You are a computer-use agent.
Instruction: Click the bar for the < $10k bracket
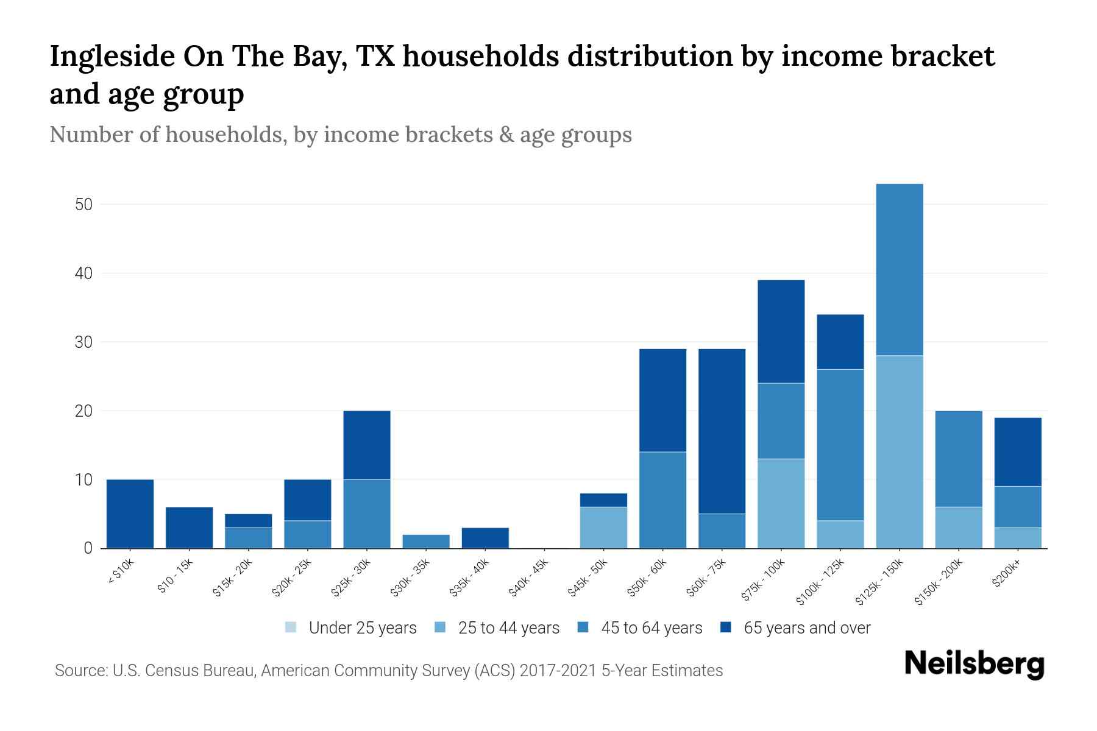tap(130, 514)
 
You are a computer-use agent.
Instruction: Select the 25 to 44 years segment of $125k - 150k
tap(899, 452)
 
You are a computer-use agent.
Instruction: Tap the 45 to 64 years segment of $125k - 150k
tap(899, 269)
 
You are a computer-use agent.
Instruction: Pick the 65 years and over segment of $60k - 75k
tap(722, 431)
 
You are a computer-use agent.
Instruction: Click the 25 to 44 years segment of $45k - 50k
tap(603, 528)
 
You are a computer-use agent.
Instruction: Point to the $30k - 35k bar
tap(426, 542)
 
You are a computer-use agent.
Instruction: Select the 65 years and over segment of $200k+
tap(1017, 452)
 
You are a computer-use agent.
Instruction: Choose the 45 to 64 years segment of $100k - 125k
tap(840, 445)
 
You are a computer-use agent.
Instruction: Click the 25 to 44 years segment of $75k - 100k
tap(781, 503)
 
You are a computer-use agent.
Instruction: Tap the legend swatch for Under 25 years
tap(291, 627)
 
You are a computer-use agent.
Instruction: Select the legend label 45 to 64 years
tap(651, 628)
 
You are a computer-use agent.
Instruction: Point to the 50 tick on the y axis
tap(83, 205)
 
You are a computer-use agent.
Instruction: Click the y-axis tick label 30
tap(83, 342)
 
